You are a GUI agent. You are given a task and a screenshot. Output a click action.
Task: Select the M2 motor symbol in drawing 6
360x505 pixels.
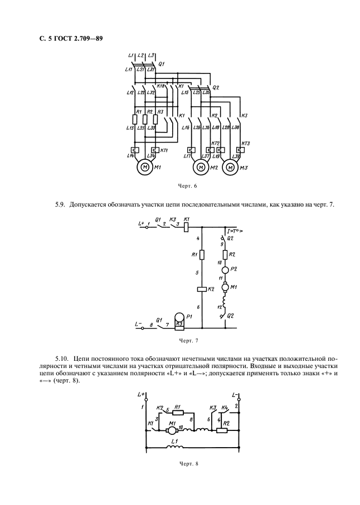tap(200, 166)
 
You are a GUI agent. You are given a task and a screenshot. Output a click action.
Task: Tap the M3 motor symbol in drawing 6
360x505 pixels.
tap(229, 166)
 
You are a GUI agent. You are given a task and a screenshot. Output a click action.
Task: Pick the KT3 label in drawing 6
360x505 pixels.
tap(246, 143)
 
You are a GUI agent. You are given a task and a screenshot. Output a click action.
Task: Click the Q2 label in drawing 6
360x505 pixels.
tap(216, 87)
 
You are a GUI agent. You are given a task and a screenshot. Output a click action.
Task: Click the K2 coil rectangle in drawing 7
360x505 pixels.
tap(202, 290)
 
